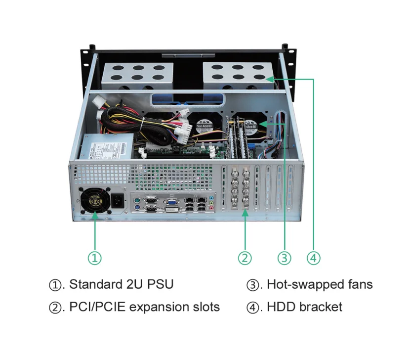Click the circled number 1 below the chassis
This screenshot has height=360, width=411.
95,258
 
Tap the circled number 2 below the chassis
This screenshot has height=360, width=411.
245,258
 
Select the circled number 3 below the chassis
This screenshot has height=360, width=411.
284,258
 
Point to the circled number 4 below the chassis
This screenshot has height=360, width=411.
314,258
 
